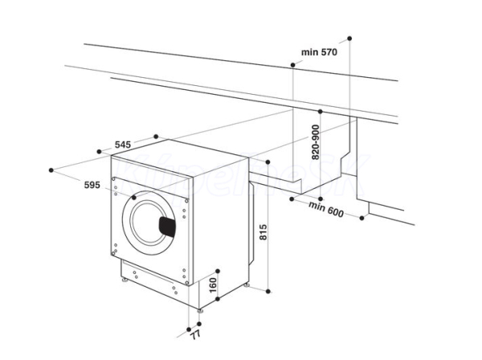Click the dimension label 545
point(123,144)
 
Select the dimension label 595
point(92,185)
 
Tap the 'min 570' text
point(319,52)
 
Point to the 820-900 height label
point(316,142)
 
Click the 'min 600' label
point(326,209)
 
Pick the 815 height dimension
point(263,232)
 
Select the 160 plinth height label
point(213,285)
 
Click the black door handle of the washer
point(167,227)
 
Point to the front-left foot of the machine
point(125,280)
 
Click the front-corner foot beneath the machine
point(200,311)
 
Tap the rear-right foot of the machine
point(247,285)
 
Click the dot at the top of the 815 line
point(268,162)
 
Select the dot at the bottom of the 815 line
point(268,291)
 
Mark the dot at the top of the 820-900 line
point(320,111)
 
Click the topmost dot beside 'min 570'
point(349,39)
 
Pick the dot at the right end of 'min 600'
point(361,218)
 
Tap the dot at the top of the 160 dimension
point(218,271)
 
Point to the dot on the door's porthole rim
point(133,198)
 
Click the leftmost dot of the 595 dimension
point(51,170)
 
